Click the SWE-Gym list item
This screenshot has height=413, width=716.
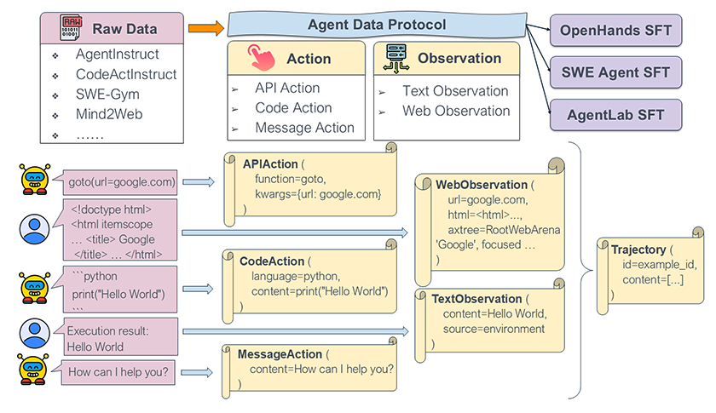pyautogui.click(x=107, y=95)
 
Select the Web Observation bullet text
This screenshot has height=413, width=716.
pyautogui.click(x=456, y=111)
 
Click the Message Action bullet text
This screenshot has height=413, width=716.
pyautogui.click(x=304, y=128)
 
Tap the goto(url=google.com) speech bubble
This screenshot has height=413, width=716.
pyautogui.click(x=121, y=181)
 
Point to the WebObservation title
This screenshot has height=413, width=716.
pyautogui.click(x=482, y=184)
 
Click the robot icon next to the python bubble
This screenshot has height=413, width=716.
pyautogui.click(x=34, y=286)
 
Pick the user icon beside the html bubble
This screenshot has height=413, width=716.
pyautogui.click(x=34, y=227)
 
